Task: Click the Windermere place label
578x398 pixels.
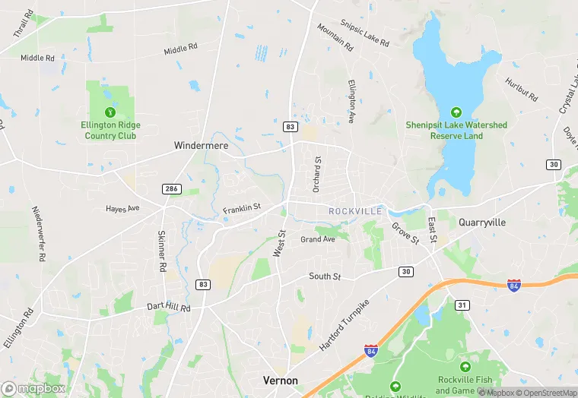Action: coord(201,145)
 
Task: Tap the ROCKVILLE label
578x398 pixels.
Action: coord(354,210)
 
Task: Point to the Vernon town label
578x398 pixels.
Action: coord(280,380)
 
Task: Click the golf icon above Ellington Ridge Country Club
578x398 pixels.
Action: coord(110,112)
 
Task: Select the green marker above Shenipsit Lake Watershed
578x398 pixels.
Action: coord(456,112)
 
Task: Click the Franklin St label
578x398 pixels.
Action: coord(242,207)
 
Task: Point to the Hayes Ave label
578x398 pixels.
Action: coord(122,208)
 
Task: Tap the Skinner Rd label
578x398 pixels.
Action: coord(161,251)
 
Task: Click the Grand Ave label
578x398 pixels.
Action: coord(317,239)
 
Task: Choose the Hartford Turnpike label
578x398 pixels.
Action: coord(344,324)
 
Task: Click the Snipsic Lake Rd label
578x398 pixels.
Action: coord(363,33)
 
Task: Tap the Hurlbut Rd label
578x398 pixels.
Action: coord(521,89)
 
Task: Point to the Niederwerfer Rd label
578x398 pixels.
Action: coord(37,233)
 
